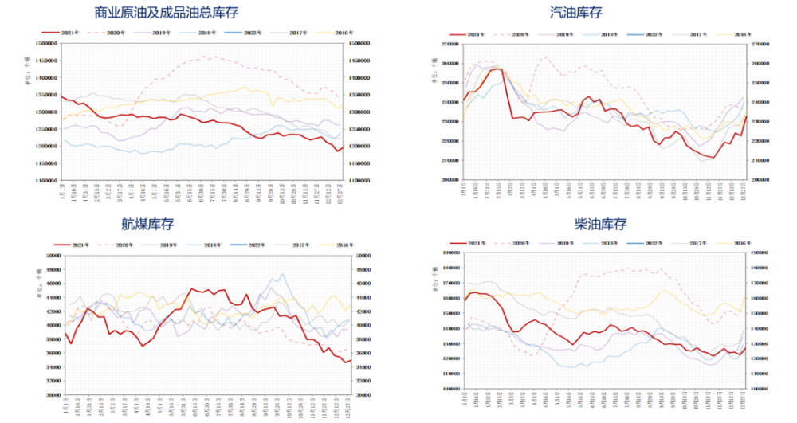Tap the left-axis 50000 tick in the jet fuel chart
click(53, 256)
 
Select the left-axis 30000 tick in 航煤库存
click(53, 395)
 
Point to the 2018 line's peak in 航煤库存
click(284, 276)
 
